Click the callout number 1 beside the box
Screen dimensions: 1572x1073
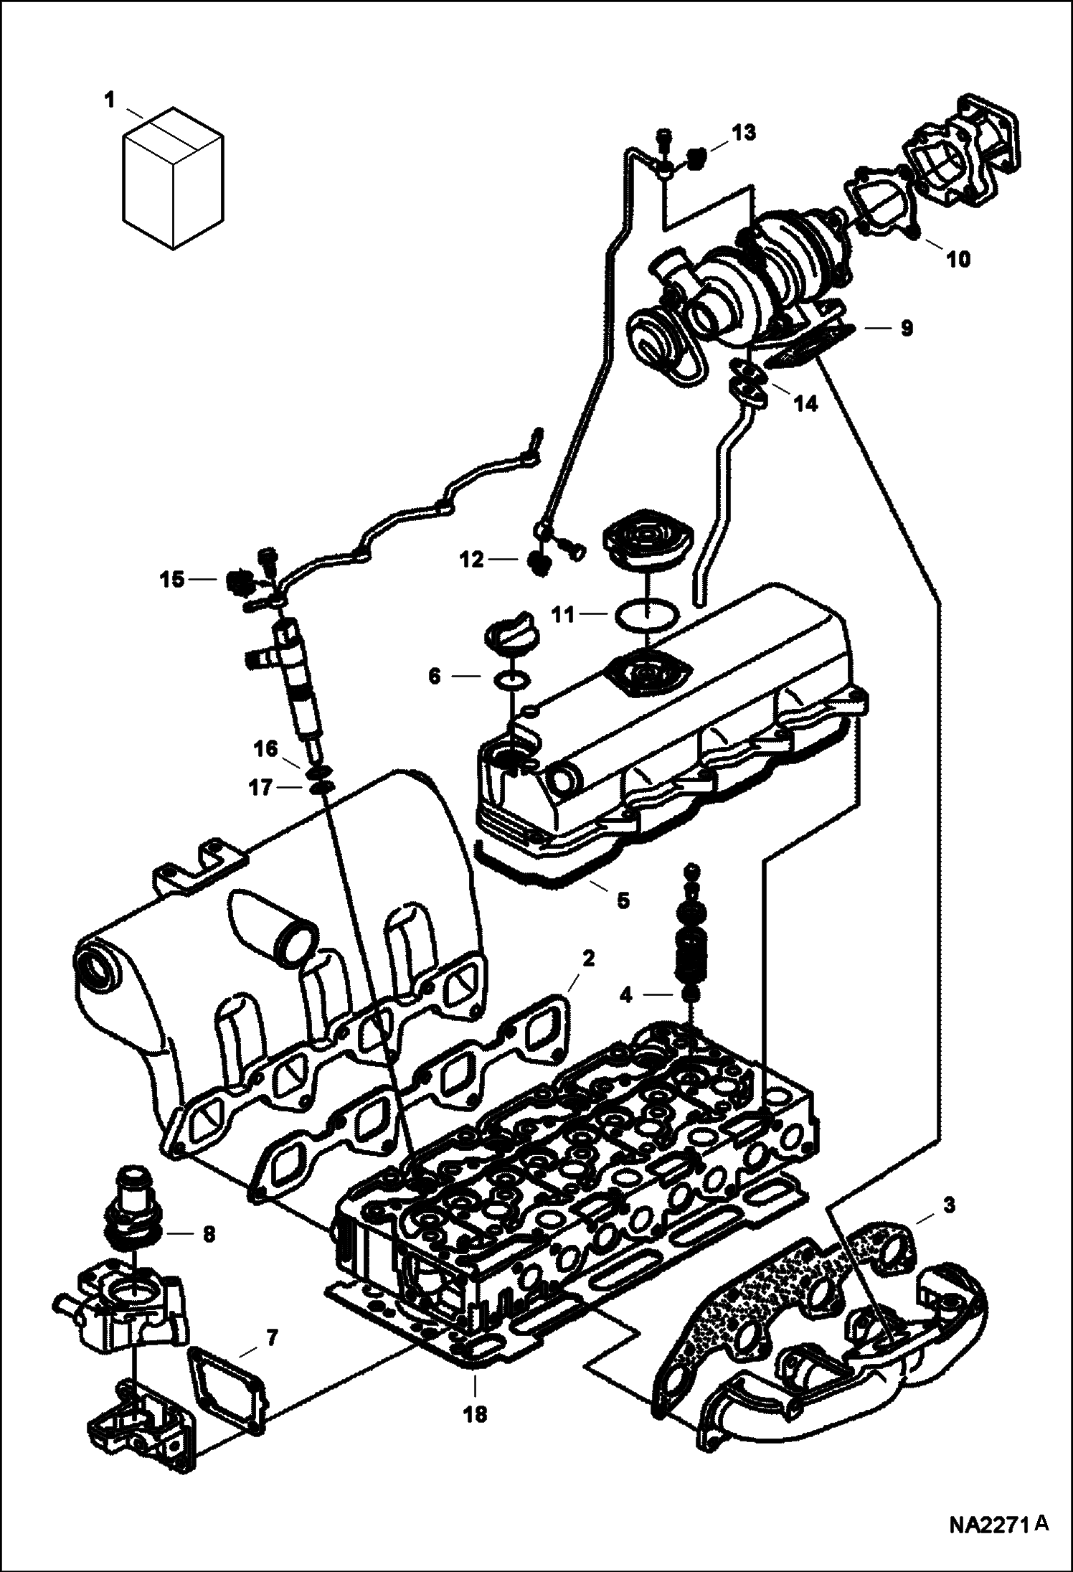[x=109, y=101]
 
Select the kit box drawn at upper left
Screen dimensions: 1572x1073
[x=171, y=179]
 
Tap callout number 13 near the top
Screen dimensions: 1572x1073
[x=743, y=133]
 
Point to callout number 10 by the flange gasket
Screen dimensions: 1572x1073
[x=958, y=259]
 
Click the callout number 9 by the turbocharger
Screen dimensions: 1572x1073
[x=906, y=329]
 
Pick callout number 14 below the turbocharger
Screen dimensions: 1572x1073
[x=805, y=404]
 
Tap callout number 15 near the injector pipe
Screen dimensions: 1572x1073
[x=172, y=579]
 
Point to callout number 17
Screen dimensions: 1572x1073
[x=260, y=789]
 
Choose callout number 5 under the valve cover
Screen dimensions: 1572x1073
[x=623, y=900]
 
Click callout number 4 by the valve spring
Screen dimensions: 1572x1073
[x=626, y=994]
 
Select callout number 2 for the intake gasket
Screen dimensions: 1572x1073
[x=587, y=959]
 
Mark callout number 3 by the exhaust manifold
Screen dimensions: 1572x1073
[x=949, y=1206]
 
